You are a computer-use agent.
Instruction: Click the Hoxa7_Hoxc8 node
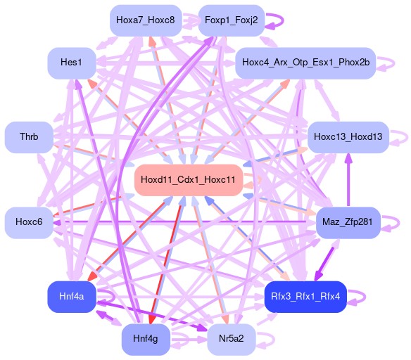click(x=146, y=20)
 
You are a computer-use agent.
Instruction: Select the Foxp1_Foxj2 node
click(x=232, y=20)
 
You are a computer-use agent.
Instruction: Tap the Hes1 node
click(x=72, y=63)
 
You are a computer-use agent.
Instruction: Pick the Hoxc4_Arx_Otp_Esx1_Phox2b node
click(x=305, y=63)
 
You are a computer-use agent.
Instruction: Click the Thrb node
click(x=29, y=137)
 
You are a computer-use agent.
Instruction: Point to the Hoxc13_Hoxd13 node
click(x=348, y=137)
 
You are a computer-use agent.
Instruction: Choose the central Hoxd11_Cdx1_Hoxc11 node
click(x=188, y=180)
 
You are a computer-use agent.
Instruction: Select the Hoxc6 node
click(x=29, y=223)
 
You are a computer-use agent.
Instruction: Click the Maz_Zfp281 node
click(x=348, y=223)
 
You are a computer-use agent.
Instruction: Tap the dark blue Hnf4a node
click(x=72, y=297)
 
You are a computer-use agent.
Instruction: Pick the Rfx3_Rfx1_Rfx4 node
click(x=305, y=297)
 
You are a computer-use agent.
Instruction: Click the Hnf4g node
click(x=146, y=340)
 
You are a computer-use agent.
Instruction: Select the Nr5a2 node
click(x=232, y=340)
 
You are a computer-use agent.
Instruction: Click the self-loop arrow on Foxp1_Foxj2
click(x=283, y=20)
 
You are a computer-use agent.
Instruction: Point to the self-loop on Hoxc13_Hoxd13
click(x=407, y=137)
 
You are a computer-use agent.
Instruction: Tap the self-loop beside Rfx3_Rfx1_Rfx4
click(x=365, y=297)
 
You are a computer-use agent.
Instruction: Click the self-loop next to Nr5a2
click(x=274, y=340)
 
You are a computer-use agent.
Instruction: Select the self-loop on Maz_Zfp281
click(x=398, y=223)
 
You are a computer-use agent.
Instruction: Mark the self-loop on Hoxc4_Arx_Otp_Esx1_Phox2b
click(x=394, y=63)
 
